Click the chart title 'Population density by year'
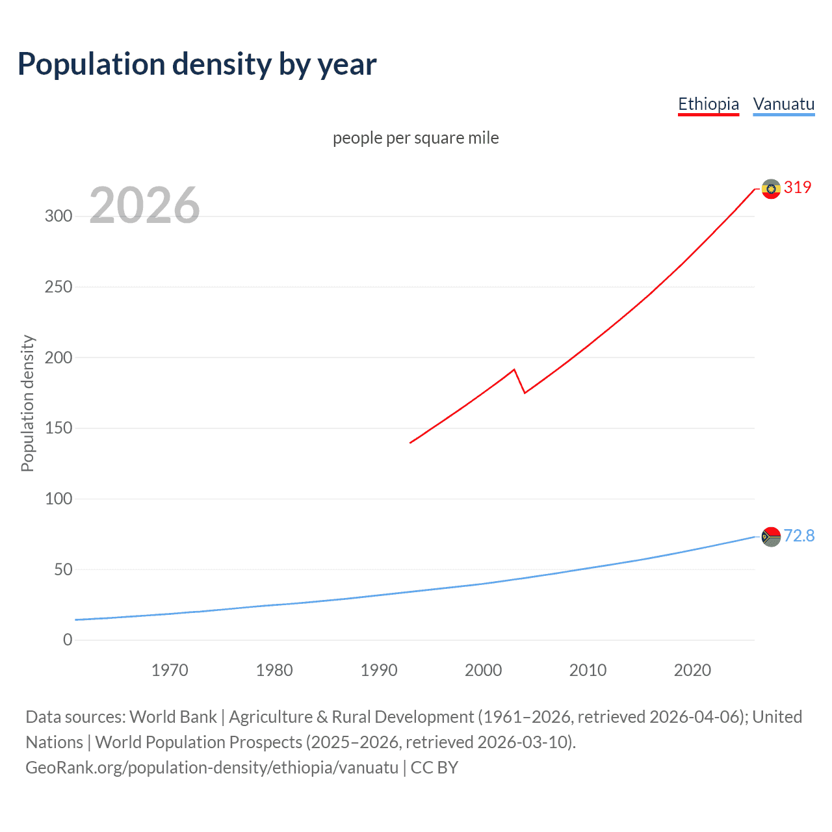[x=197, y=64]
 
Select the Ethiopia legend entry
[x=708, y=104]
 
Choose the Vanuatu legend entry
[x=783, y=104]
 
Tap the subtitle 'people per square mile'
[x=415, y=138]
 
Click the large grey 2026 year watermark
[x=144, y=205]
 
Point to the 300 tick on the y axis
[x=58, y=216]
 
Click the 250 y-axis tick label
[x=58, y=287]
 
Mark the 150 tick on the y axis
[x=58, y=428]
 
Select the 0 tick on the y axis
[x=68, y=640]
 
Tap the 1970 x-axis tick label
[x=170, y=670]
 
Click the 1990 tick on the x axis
[x=379, y=670]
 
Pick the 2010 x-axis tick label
[x=588, y=670]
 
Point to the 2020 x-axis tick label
[x=692, y=670]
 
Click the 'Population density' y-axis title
[x=27, y=403]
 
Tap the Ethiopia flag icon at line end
[x=771, y=189]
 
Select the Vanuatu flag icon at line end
[x=771, y=537]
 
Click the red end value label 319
[x=798, y=187]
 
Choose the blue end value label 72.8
[x=799, y=536]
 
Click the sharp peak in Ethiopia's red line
[x=514, y=370]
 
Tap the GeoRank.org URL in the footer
[x=212, y=768]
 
